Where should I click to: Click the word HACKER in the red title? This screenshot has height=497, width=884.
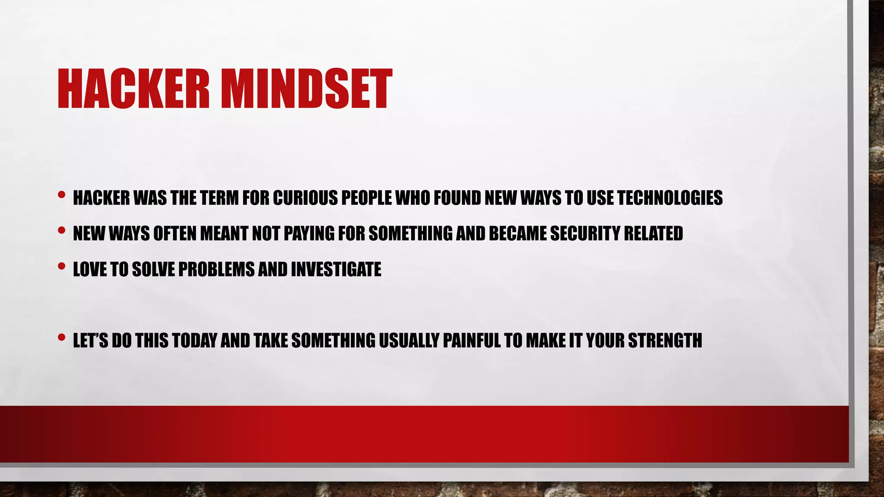click(133, 89)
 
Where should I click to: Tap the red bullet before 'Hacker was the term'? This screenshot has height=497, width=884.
click(62, 195)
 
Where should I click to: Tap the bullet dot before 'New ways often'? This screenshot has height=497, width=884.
click(62, 231)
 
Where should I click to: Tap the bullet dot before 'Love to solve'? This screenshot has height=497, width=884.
click(62, 266)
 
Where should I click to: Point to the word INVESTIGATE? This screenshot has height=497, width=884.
click(336, 269)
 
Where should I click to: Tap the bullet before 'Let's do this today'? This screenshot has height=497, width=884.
click(62, 337)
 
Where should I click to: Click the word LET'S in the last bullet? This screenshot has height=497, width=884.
click(90, 340)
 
